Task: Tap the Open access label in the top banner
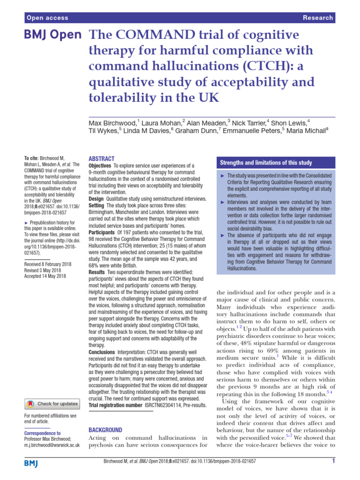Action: (47, 18)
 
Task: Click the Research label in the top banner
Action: (318, 18)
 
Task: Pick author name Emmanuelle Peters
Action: (250, 131)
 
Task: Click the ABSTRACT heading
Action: (101, 159)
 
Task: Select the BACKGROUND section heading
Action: (105, 429)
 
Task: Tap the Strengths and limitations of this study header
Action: (266, 163)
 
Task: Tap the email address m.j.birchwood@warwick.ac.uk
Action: (52, 444)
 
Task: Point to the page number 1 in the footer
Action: (332, 462)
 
